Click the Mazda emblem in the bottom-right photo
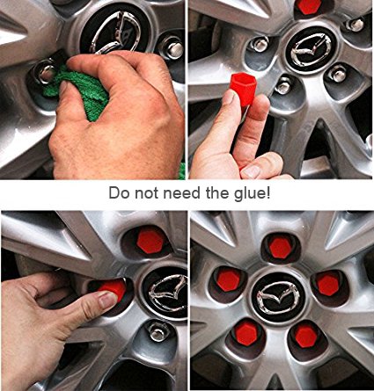[278, 297]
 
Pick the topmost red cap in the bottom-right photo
[280, 248]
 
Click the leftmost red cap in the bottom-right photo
[228, 279]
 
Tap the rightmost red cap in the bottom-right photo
[328, 283]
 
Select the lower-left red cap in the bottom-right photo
[247, 331]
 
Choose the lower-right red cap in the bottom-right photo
[305, 335]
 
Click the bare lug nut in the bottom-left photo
[158, 331]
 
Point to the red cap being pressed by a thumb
[113, 287]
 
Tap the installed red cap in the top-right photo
[308, 6]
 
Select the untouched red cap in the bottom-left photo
[150, 242]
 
